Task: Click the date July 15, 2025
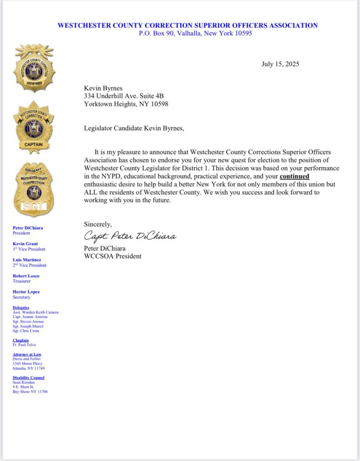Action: tap(280, 64)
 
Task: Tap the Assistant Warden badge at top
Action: tap(34, 68)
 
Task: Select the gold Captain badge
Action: tap(33, 127)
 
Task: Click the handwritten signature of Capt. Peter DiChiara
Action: tap(130, 236)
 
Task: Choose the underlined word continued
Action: tap(294, 176)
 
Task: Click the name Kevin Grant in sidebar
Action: tap(25, 244)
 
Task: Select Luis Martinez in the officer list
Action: tap(26, 260)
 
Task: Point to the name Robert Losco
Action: tap(26, 276)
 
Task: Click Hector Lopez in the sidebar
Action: tap(26, 292)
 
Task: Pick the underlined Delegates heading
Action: tap(21, 307)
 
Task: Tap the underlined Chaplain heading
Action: tap(21, 340)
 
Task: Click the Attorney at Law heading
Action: tap(27, 354)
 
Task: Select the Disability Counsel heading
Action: tap(28, 377)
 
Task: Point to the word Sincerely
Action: tap(98, 224)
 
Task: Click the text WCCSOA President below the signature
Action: tap(113, 256)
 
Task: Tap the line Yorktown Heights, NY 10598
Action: tap(126, 104)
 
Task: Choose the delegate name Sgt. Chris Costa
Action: tap(26, 331)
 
